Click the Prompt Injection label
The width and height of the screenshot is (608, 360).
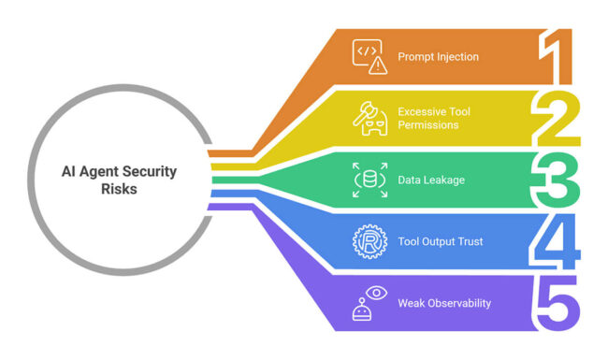tap(438, 57)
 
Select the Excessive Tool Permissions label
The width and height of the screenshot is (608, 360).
tap(434, 118)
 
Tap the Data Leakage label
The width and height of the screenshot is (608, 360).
tap(432, 180)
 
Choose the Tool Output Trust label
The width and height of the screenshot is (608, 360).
tap(440, 241)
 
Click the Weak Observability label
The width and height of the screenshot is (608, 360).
tap(443, 303)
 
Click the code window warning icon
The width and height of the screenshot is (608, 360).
tap(369, 56)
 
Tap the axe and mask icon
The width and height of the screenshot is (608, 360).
tap(369, 118)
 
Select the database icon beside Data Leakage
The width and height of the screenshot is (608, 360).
tap(369, 180)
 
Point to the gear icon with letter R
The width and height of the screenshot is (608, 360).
tap(369, 241)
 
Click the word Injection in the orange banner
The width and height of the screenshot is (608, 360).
tap(456, 57)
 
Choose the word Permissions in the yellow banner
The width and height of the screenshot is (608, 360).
tap(428, 125)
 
